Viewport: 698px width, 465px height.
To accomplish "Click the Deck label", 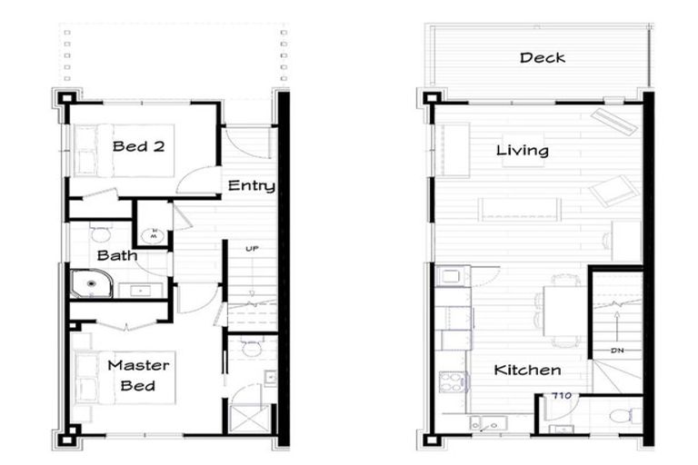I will [543, 58].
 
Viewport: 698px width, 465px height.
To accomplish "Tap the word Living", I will [523, 150].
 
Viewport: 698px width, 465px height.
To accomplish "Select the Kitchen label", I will [527, 371].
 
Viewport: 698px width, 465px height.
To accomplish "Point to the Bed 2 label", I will [138, 145].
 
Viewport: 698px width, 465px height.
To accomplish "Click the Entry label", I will [251, 186].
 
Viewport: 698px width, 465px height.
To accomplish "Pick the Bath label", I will [117, 255].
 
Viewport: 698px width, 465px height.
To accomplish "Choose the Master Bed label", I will [138, 375].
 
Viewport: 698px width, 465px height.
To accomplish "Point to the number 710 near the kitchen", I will [561, 395].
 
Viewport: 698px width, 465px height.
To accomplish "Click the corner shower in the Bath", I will [89, 285].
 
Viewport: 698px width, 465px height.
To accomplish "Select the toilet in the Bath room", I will [100, 234].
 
